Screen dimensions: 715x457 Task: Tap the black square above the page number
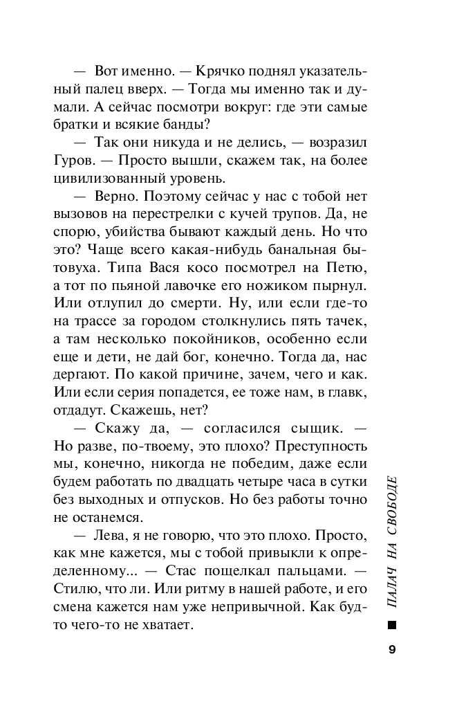[392, 625]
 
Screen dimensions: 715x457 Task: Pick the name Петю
[343, 268]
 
